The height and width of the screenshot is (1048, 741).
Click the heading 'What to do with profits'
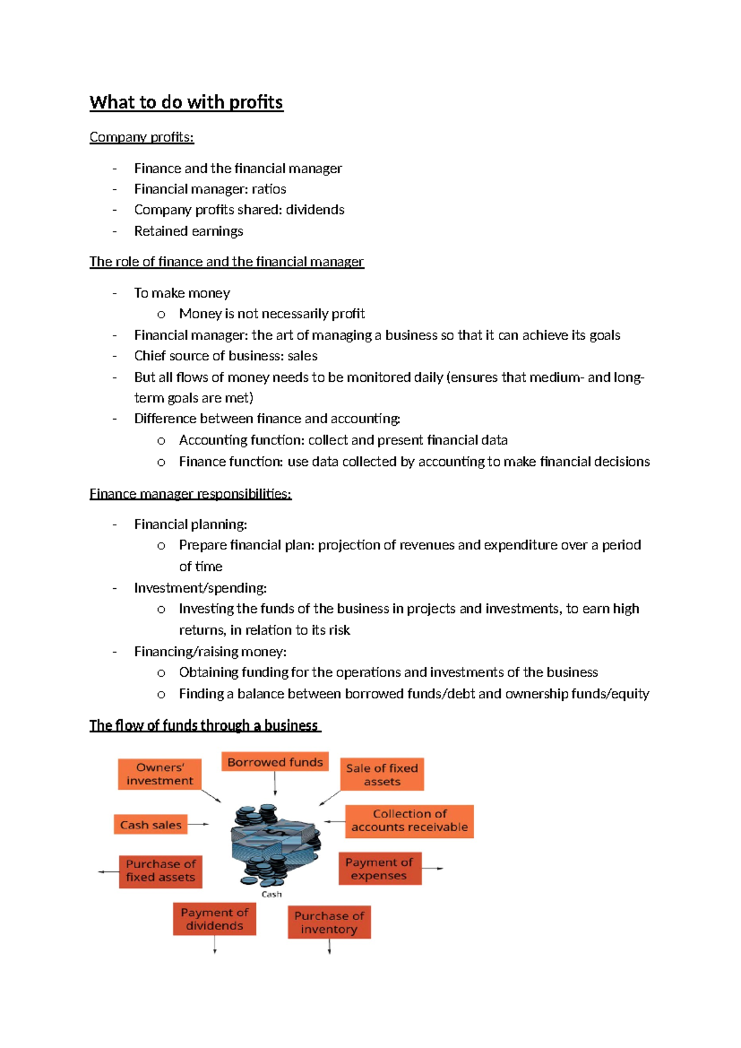pos(186,103)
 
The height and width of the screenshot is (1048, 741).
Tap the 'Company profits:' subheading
pos(141,137)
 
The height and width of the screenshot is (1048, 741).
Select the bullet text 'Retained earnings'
pos(188,231)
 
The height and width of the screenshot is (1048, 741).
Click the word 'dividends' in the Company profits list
pos(314,210)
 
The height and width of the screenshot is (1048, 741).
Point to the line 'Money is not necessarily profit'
pos(272,314)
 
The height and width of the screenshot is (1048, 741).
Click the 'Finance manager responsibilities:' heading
pos(190,494)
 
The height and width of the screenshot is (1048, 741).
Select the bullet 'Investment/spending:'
pos(200,588)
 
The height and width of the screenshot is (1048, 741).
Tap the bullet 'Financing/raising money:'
pos(210,651)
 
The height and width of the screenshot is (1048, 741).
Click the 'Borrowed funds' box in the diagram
pos(275,762)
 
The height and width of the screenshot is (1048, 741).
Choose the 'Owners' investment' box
pos(160,774)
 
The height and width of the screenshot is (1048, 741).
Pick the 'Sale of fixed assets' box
pos(382,774)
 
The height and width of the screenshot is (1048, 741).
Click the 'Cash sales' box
pos(150,825)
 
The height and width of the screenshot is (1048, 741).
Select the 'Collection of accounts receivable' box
pos(409,821)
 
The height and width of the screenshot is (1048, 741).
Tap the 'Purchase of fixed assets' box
pos(161,871)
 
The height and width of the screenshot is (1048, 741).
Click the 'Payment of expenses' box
pos(379,869)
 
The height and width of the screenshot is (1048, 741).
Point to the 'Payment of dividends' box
pos(214,919)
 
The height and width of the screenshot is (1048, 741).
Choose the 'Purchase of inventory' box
pos(329,923)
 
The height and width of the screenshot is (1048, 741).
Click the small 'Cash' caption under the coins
pos(272,894)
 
